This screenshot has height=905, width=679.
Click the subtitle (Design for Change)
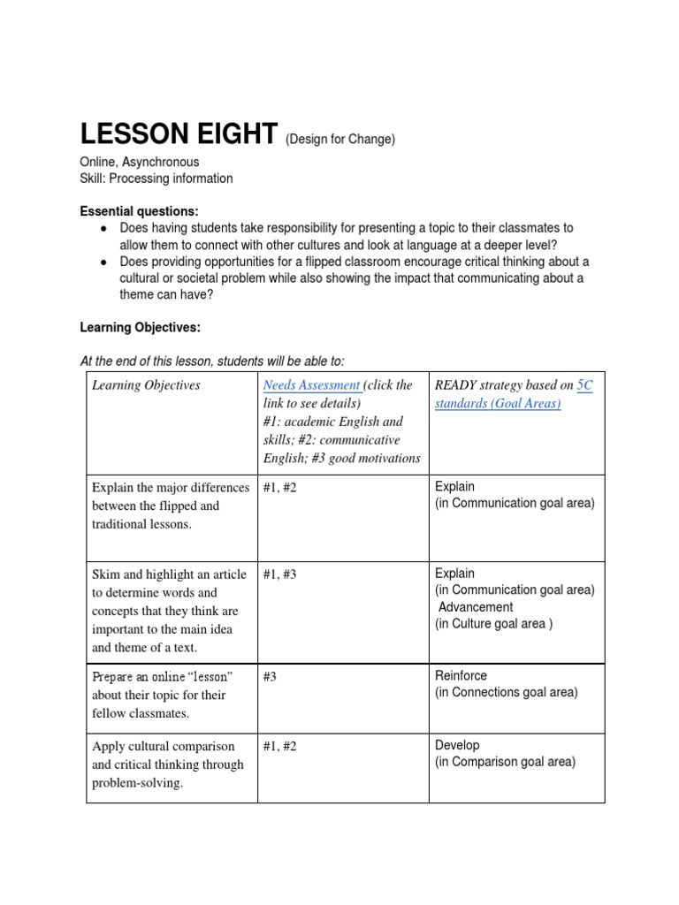(x=339, y=140)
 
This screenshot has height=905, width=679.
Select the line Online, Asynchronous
(x=140, y=162)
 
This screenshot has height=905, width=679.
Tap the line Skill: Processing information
(x=156, y=179)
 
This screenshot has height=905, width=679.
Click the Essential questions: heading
(x=140, y=211)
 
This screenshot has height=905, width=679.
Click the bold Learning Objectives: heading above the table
(x=141, y=328)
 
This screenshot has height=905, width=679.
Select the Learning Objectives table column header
(x=146, y=385)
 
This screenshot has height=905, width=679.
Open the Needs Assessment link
(x=311, y=385)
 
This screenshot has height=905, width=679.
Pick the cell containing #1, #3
(x=279, y=574)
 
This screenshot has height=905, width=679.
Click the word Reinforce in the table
(x=461, y=676)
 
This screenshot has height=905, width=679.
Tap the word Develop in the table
(x=457, y=745)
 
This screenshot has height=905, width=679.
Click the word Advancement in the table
(x=476, y=607)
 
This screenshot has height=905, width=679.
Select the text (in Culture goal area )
(x=493, y=624)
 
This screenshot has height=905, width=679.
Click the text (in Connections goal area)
(x=507, y=693)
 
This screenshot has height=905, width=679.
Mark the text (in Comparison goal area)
(x=505, y=762)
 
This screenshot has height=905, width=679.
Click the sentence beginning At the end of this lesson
(x=212, y=361)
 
